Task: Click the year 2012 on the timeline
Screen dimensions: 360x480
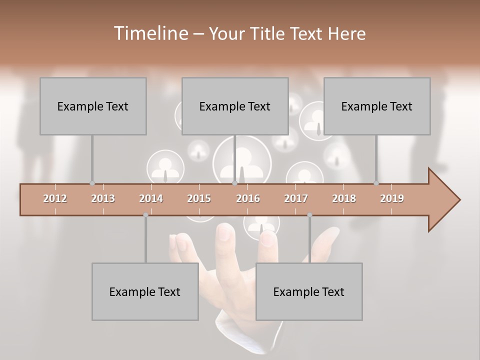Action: [x=55, y=198]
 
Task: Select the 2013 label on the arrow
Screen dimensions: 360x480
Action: [x=103, y=198]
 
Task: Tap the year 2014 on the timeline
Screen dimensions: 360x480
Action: [x=151, y=198]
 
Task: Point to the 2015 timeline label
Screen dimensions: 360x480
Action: [x=199, y=198]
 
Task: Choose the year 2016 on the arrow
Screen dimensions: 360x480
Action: [x=248, y=198]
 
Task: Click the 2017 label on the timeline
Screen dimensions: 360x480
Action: [x=296, y=198]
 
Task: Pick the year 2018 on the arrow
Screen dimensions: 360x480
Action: [x=344, y=198]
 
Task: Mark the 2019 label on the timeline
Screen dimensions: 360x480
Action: [x=392, y=198]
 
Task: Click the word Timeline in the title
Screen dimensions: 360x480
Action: [x=150, y=33]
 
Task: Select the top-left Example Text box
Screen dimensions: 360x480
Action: [x=93, y=106]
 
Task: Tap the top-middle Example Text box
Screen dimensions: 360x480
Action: [x=235, y=106]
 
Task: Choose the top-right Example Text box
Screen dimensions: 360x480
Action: [x=377, y=106]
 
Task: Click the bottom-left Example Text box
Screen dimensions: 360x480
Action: [x=145, y=291]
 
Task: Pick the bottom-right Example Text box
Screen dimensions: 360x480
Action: [x=309, y=291]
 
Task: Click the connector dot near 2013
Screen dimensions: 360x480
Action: [x=92, y=183]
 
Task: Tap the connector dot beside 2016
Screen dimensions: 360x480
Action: [x=234, y=183]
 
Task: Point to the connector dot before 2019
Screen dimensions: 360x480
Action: [x=376, y=183]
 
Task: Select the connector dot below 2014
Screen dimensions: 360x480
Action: [x=145, y=215]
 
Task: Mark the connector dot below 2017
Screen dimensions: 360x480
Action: [x=309, y=215]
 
